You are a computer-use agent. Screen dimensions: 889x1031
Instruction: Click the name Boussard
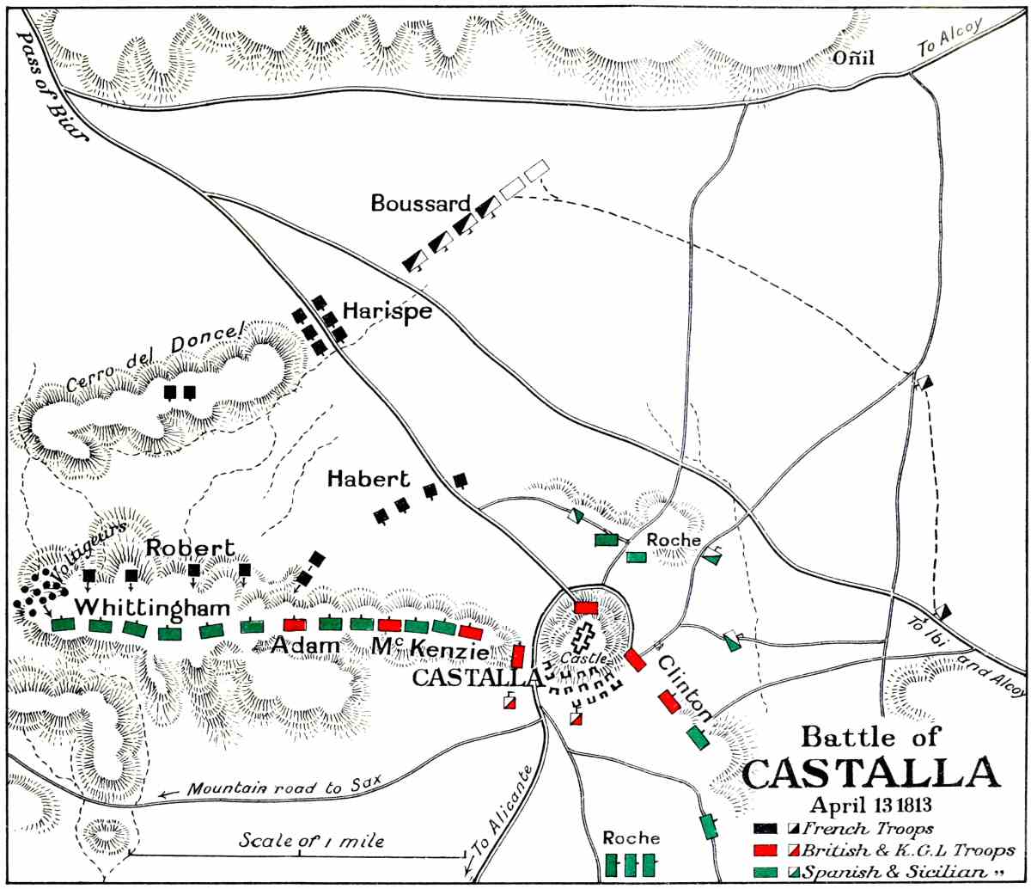click(421, 204)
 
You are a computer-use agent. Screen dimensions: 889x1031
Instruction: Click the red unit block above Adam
click(295, 624)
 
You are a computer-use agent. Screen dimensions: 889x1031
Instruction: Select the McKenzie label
click(424, 647)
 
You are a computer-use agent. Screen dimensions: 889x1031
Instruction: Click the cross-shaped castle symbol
click(585, 640)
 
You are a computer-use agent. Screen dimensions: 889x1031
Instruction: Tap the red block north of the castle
click(586, 607)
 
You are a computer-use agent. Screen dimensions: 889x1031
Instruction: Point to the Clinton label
click(685, 688)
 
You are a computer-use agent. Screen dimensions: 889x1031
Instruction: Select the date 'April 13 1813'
click(870, 806)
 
